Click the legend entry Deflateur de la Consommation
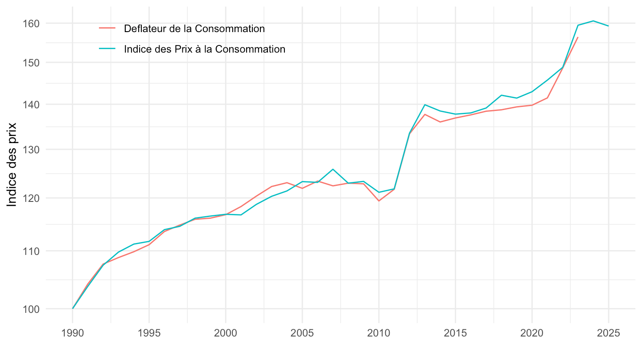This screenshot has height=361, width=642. coord(195,29)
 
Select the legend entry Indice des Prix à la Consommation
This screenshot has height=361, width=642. coord(205,49)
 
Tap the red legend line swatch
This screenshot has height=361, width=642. coord(107,29)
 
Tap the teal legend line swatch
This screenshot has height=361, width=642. coord(107,49)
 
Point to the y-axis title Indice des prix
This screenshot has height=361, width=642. coord(12,164)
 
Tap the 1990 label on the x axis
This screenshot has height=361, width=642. coord(72,333)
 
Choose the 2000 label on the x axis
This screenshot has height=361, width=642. coord(226,333)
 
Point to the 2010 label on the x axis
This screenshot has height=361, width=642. coord(379,333)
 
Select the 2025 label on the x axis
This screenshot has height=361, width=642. coord(609,333)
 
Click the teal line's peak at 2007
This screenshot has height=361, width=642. coord(333,169)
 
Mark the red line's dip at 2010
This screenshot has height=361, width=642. coord(379,201)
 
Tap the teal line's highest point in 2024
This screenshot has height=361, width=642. coord(593,21)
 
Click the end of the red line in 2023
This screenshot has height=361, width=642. coord(578,37)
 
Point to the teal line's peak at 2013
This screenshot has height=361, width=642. coord(425,105)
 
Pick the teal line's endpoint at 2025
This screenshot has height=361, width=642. coord(609,26)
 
